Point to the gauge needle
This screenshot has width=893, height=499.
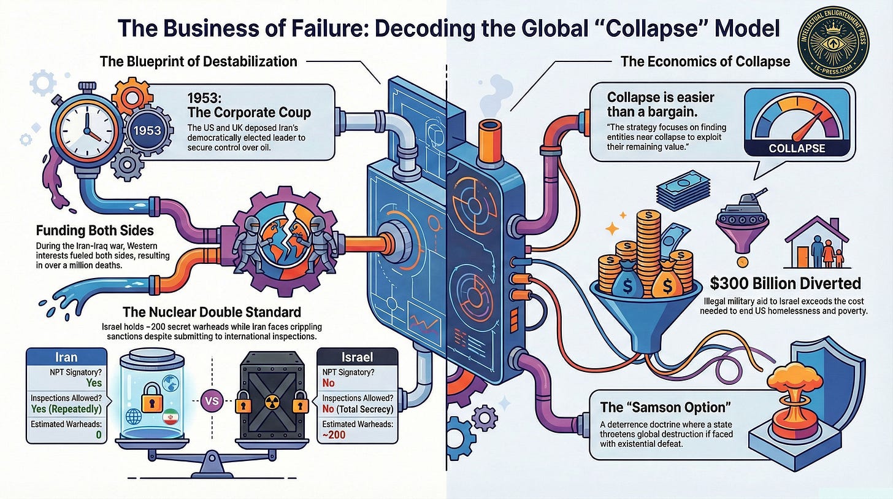pos(808,122)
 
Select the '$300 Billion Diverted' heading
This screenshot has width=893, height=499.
pos(785,284)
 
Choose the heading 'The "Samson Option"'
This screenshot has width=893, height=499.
pos(657,407)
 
